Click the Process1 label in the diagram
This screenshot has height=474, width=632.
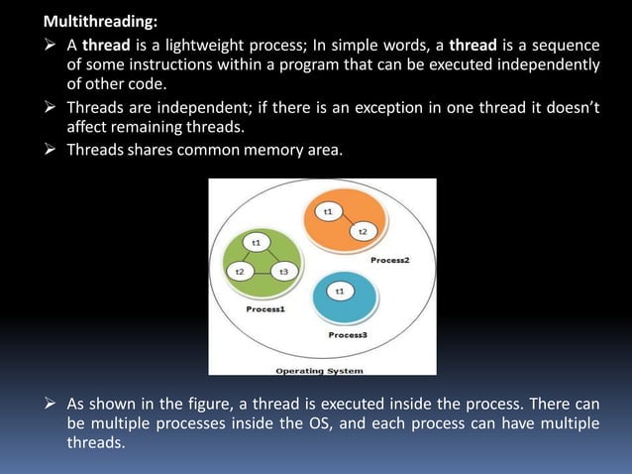[265, 309]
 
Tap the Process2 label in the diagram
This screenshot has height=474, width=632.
[390, 259]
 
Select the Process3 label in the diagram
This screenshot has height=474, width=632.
[348, 335]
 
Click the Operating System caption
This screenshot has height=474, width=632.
[319, 371]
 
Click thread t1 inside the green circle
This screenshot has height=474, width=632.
[256, 241]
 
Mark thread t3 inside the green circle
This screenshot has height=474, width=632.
[283, 271]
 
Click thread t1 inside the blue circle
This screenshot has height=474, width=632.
[340, 291]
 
